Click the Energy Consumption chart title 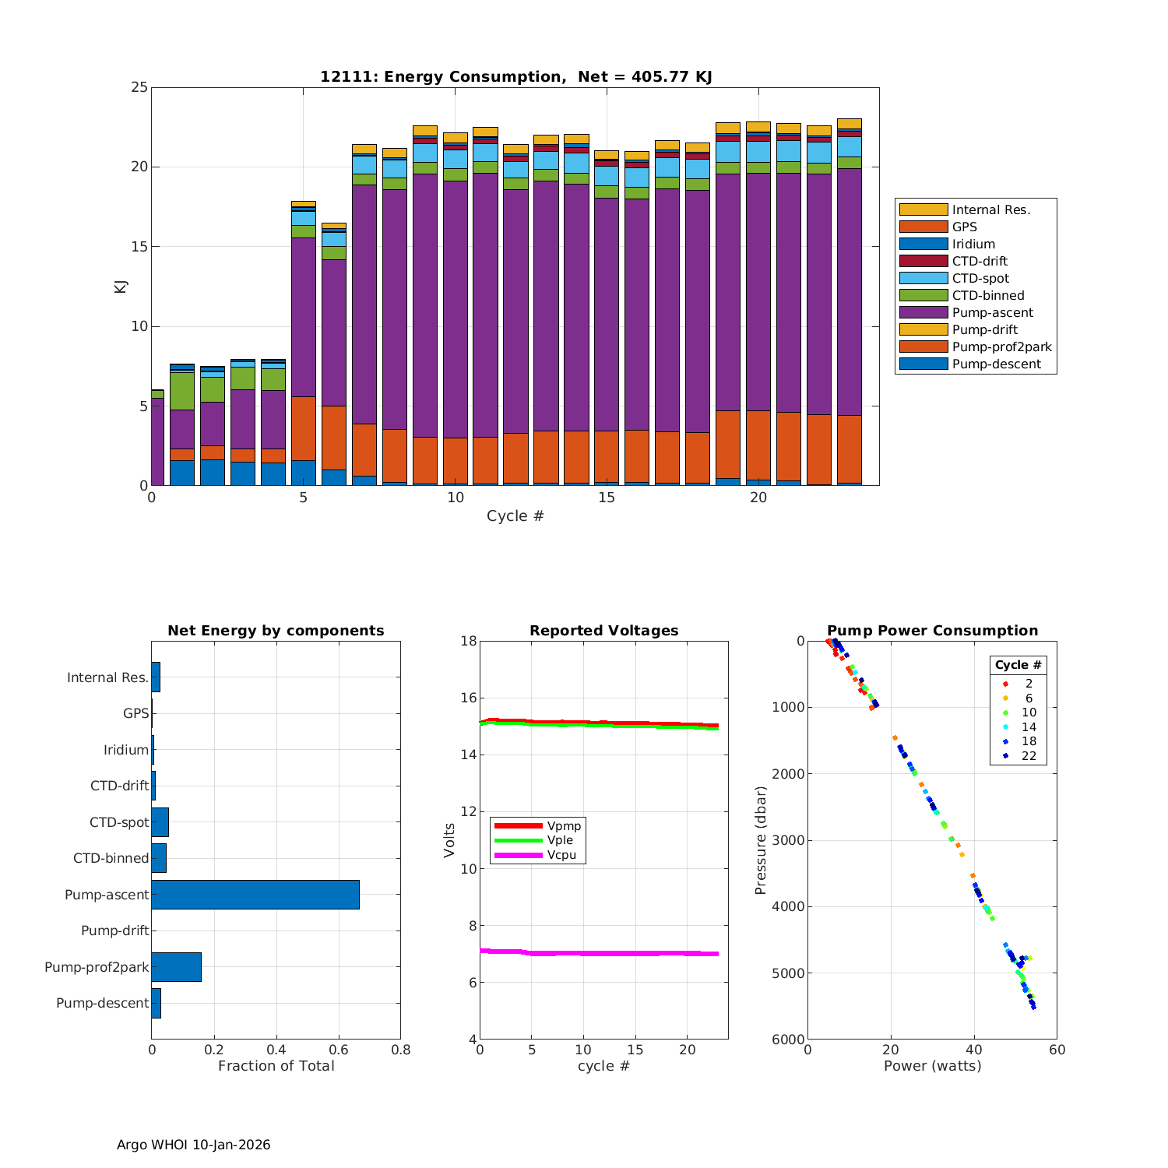pyautogui.click(x=515, y=76)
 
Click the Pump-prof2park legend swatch pyautogui.click(x=923, y=347)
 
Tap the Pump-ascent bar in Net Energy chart pyautogui.click(x=255, y=895)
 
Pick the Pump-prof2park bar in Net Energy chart pyautogui.click(x=176, y=967)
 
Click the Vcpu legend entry pyautogui.click(x=561, y=855)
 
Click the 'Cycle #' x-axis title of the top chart pyautogui.click(x=515, y=516)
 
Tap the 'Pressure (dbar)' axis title pyautogui.click(x=761, y=839)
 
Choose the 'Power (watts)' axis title pyautogui.click(x=932, y=1066)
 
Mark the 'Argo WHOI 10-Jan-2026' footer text pyautogui.click(x=193, y=1145)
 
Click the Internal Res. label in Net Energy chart pyautogui.click(x=107, y=677)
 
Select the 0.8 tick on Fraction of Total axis pyautogui.click(x=400, y=1050)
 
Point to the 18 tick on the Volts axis pyautogui.click(x=467, y=641)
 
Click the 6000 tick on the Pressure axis pyautogui.click(x=788, y=1040)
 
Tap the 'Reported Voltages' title pyautogui.click(x=603, y=631)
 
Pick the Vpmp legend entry pyautogui.click(x=564, y=825)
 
